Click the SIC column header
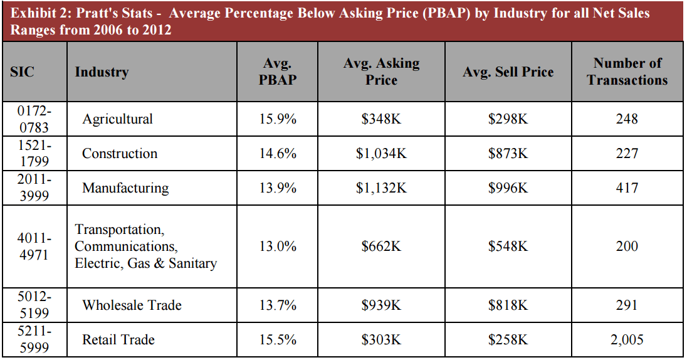pos(23,72)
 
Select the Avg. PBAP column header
pos(278,71)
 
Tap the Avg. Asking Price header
pos(381,71)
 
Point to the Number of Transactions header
pos(627,71)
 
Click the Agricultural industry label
pos(117,119)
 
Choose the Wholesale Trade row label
pos(132,305)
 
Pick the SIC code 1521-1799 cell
pos(34,154)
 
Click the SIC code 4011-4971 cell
pos(34,246)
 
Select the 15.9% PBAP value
pos(278,119)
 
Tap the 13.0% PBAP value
pos(278,246)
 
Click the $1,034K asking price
pos(381,154)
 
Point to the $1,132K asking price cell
pos(381,188)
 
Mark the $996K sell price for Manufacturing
pos(508,188)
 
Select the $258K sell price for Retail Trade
pos(508,340)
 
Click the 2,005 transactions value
pos(627,340)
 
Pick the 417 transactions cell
pos(627,188)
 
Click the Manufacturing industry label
pos(125,188)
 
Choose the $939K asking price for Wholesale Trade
pos(381,305)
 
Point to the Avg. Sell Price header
pos(508,72)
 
